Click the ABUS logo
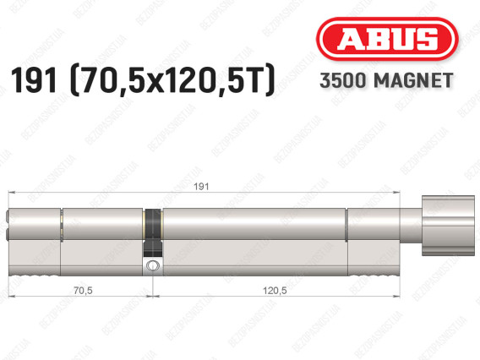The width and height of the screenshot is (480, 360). [x=387, y=39]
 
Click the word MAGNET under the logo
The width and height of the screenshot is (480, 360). [x=413, y=80]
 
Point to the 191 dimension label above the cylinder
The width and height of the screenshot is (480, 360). [x=201, y=187]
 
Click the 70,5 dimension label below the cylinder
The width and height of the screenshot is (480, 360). [x=83, y=290]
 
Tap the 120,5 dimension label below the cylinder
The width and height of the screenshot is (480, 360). [x=275, y=290]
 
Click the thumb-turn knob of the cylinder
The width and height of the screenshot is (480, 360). [x=448, y=226]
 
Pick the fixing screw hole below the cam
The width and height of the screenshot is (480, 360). [x=152, y=265]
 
